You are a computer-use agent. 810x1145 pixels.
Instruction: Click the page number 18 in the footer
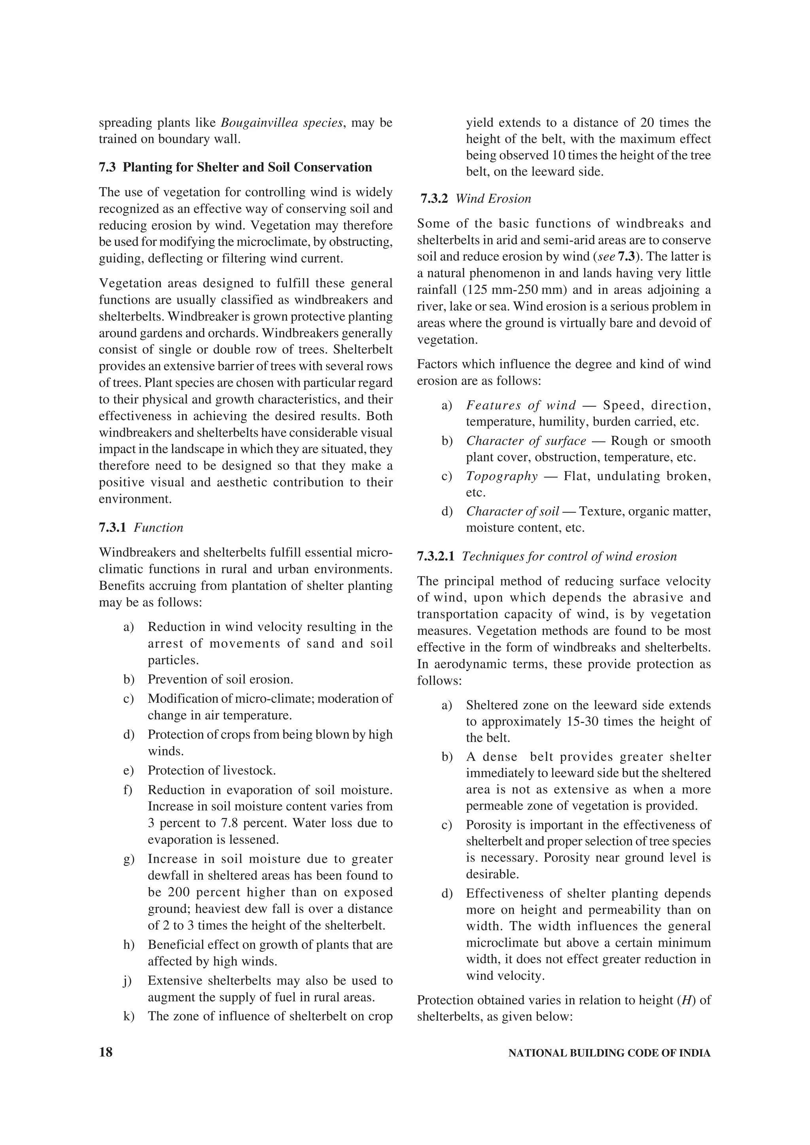(106, 1053)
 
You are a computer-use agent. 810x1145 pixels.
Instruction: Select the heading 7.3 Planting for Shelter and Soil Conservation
(235, 167)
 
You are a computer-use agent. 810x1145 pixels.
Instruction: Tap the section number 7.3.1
(112, 527)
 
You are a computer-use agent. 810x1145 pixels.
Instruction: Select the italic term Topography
(502, 476)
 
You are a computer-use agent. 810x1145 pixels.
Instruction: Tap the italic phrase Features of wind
(521, 405)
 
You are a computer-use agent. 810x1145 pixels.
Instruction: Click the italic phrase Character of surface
(526, 441)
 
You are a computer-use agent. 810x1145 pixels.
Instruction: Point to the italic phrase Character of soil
(513, 511)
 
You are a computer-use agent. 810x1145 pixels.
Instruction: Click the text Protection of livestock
(212, 770)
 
